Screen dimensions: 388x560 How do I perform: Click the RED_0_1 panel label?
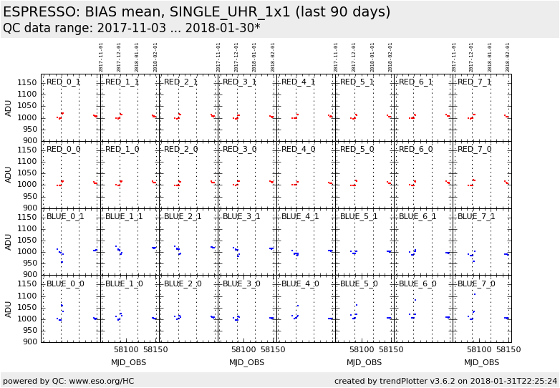click(x=64, y=82)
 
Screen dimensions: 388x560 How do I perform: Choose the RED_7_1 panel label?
click(x=475, y=82)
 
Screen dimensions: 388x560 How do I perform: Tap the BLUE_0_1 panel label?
click(x=65, y=217)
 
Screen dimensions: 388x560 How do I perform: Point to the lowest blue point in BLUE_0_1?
click(x=62, y=262)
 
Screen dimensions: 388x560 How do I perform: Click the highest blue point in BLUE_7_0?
click(x=473, y=294)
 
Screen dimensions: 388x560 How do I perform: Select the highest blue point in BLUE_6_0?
click(x=415, y=300)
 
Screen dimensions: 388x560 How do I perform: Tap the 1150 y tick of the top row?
click(x=27, y=83)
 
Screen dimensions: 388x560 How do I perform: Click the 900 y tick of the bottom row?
click(x=29, y=342)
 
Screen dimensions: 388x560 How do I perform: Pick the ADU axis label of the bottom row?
click(x=9, y=309)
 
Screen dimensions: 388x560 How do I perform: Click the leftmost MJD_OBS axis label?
click(x=129, y=363)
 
